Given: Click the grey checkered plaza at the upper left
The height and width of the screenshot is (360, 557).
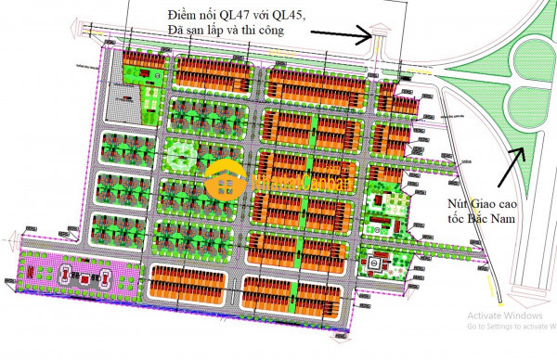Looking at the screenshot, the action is click(x=121, y=107).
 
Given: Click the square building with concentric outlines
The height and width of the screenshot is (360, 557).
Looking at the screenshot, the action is click(x=375, y=264).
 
